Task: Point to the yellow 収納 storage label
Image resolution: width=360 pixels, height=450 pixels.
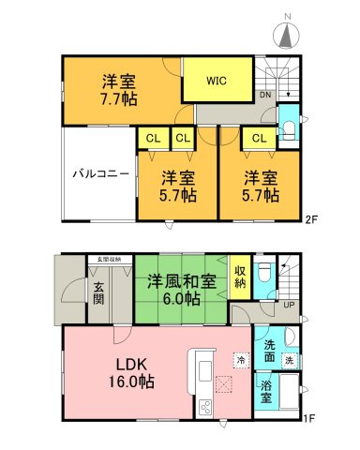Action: coord(240,268)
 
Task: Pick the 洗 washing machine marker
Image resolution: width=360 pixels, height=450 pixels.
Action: coord(290,360)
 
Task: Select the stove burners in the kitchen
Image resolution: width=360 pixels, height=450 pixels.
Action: coord(205,407)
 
